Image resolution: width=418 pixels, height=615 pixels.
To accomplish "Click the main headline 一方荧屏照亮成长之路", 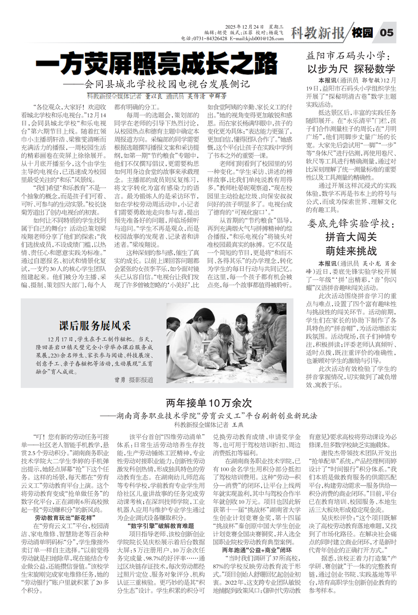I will [156, 64].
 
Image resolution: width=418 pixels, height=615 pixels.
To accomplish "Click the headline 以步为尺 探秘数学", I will [351, 69].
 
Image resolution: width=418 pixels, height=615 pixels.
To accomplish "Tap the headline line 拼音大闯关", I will [351, 237].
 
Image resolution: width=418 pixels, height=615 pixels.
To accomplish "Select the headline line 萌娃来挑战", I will [351, 251].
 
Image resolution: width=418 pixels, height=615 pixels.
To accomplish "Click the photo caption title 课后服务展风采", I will [95, 325].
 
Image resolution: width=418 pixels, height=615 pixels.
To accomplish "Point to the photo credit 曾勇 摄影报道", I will [134, 380].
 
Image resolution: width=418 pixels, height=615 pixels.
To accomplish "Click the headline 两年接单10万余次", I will [209, 403].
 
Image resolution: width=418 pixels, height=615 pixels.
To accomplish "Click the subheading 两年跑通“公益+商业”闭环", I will [257, 550].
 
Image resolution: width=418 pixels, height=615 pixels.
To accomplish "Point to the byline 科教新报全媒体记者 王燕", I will [209, 425].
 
